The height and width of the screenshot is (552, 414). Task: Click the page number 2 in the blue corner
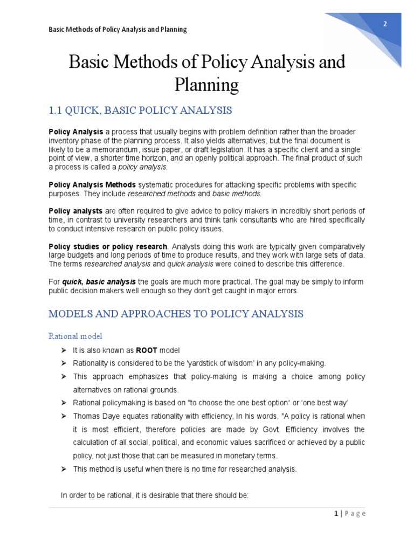tap(385, 24)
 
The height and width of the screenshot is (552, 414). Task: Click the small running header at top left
tap(118, 29)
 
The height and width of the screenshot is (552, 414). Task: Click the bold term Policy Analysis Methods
tap(93, 185)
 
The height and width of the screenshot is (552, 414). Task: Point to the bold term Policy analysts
tap(75, 211)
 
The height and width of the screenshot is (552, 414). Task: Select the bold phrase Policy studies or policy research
tap(107, 246)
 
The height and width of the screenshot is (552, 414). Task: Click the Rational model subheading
tap(75, 336)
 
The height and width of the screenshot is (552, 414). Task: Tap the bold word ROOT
tap(147, 350)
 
